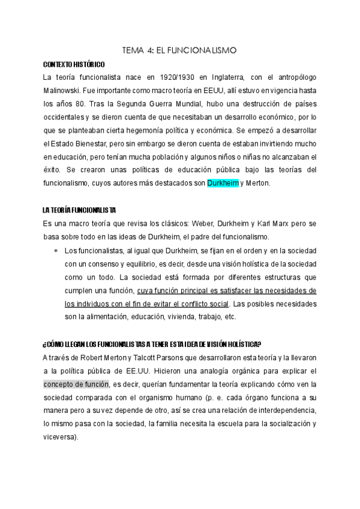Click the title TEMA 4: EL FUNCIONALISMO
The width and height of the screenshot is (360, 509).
pos(181,52)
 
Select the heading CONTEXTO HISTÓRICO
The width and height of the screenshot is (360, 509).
pos(73,64)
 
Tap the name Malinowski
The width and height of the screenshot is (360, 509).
pos(64,91)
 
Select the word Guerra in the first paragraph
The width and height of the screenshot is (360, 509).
pos(154,104)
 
